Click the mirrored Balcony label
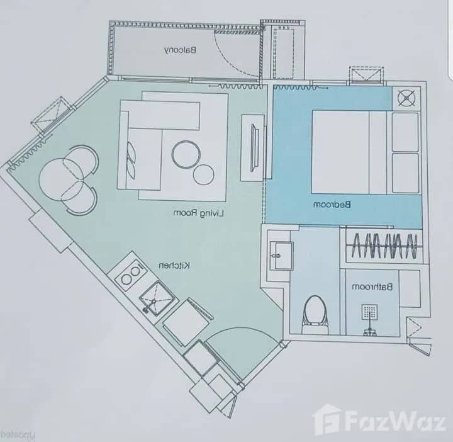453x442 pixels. [182, 50]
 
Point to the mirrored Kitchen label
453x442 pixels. [174, 266]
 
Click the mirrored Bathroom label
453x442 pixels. [372, 287]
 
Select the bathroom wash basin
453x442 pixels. [279, 251]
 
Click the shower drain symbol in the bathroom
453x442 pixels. [369, 313]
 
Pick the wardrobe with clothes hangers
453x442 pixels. [383, 244]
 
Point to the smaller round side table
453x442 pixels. [204, 174]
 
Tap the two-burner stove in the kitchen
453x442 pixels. [130, 274]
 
